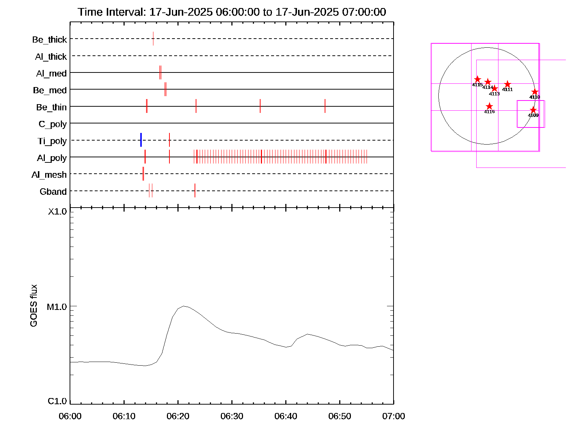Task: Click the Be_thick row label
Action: coord(50,39)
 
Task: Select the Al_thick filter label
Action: coord(51,56)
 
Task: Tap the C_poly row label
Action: coord(53,124)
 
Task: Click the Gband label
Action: coord(53,192)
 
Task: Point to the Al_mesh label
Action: coord(49,175)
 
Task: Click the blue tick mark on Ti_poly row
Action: coord(141,140)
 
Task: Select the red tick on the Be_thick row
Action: coord(153,39)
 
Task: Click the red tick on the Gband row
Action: coord(195,190)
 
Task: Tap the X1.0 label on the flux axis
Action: coord(58,212)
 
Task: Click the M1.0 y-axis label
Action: coord(57,307)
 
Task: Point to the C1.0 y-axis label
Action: coord(57,401)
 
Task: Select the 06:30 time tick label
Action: coord(232,416)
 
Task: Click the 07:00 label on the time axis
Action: coord(394,416)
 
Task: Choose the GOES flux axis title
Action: coord(34,306)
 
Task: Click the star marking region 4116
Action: coord(489,106)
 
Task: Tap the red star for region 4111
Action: coord(507,84)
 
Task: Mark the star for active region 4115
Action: coord(477,79)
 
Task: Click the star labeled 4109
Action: coord(533,110)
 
